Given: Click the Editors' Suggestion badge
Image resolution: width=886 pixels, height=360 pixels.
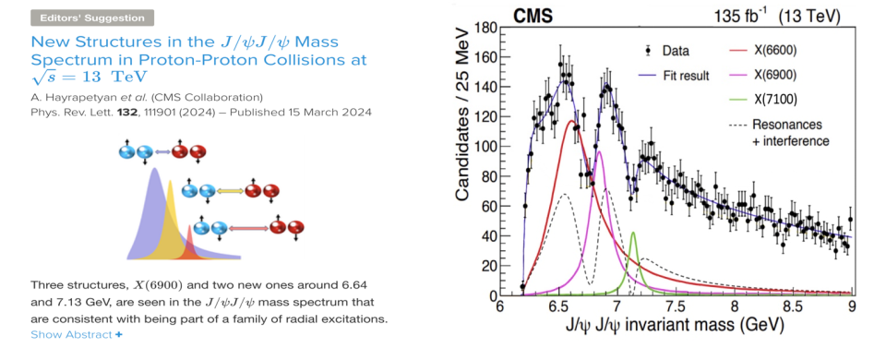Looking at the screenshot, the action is tap(92, 18).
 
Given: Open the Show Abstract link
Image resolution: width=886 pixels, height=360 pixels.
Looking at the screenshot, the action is tap(77, 334).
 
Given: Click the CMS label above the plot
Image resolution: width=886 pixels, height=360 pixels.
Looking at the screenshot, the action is tap(532, 17).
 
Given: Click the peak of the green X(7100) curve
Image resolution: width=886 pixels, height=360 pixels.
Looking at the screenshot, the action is tap(633, 233).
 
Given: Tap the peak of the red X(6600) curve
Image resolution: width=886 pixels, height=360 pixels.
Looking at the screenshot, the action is tap(572, 120).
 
